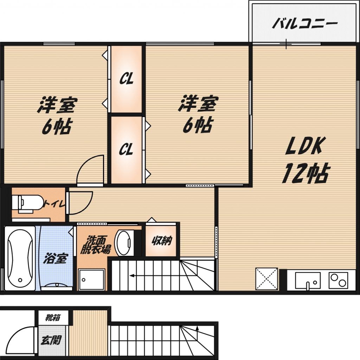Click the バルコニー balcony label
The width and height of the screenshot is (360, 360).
tap(305, 24)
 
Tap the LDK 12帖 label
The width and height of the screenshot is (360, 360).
tap(305, 159)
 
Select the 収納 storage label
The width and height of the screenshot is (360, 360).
tap(162, 240)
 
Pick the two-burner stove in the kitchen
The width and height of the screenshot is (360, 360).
tap(338, 280)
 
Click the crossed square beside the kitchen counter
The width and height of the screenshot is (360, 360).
tap(266, 279)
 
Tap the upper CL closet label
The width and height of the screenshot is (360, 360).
tap(126, 79)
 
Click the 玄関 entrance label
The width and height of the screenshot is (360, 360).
tap(51, 340)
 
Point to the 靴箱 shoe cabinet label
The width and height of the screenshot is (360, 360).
tap(53, 317)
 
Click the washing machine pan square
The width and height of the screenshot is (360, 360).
tap(92, 280)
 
